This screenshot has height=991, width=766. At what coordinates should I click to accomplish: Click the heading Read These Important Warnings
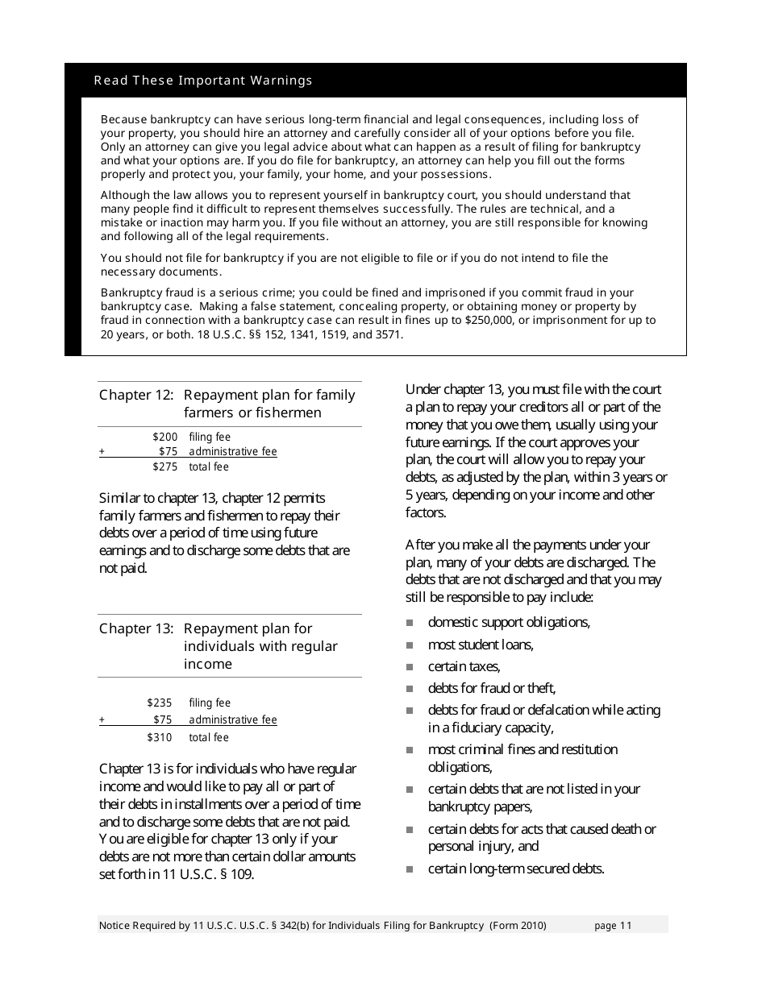click(203, 81)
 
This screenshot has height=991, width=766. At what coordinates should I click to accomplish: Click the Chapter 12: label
click(136, 395)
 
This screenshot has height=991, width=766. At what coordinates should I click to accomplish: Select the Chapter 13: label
click(136, 628)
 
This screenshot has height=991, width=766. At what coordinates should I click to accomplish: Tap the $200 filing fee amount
click(164, 437)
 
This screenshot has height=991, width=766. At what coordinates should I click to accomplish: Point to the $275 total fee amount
click(164, 466)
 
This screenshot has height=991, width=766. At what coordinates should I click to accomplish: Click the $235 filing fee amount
click(160, 703)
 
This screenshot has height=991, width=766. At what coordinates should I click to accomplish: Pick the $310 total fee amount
click(160, 737)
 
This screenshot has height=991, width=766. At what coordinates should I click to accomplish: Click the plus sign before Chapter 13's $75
click(102, 720)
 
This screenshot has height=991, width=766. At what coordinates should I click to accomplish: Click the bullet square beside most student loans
click(410, 645)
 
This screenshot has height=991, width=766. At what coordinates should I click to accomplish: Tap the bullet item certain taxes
click(464, 666)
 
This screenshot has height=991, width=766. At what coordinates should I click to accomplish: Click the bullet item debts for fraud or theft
click(491, 688)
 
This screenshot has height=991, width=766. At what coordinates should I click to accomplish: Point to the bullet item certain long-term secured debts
click(515, 869)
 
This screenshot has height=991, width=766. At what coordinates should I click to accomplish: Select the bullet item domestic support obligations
click(509, 622)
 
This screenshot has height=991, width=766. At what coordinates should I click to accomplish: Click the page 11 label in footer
click(613, 926)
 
